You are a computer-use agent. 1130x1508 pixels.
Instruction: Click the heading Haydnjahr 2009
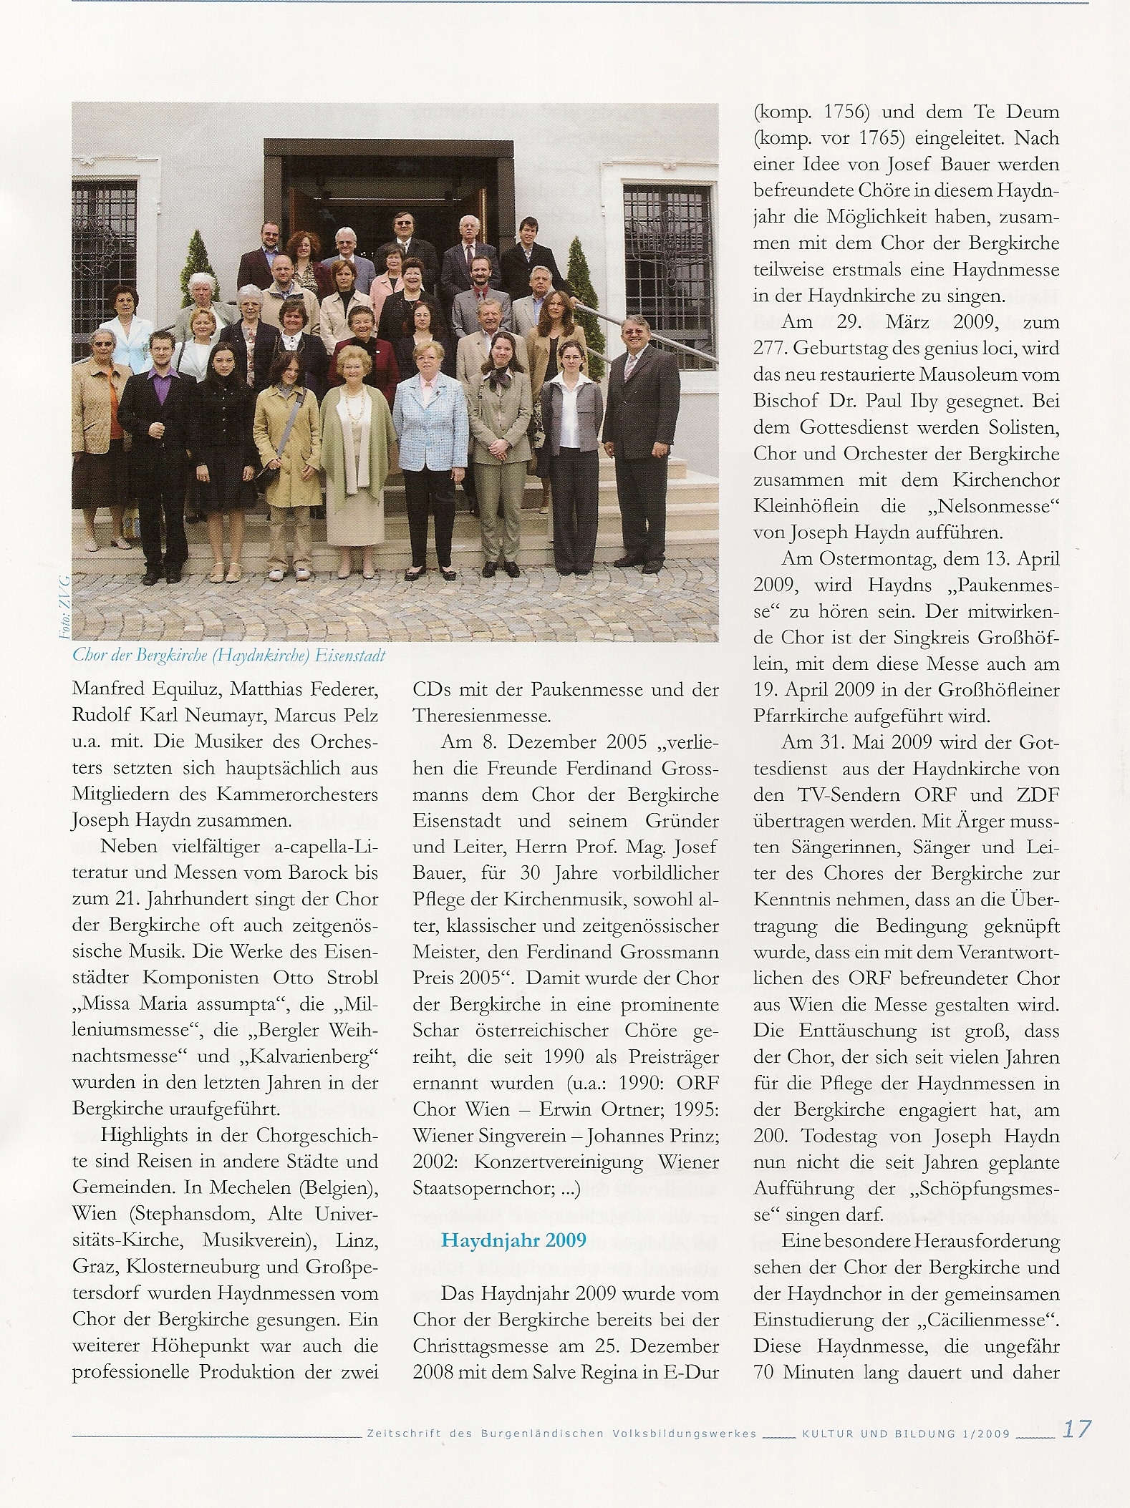point(513,1240)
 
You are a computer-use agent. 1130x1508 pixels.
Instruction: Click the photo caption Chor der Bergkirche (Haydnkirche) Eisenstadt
point(229,656)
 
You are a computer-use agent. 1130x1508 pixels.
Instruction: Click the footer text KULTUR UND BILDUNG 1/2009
point(905,1434)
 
